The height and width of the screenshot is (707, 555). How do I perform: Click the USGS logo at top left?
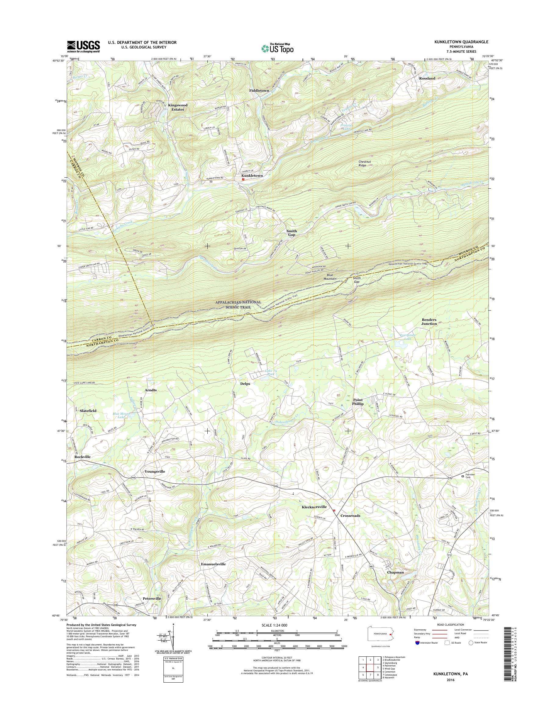(83, 47)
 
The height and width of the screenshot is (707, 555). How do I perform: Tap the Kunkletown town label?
(252, 176)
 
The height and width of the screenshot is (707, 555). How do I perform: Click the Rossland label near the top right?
(427, 79)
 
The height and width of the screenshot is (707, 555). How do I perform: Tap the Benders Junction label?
(429, 322)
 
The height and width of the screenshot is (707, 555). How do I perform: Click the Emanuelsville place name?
(213, 564)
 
